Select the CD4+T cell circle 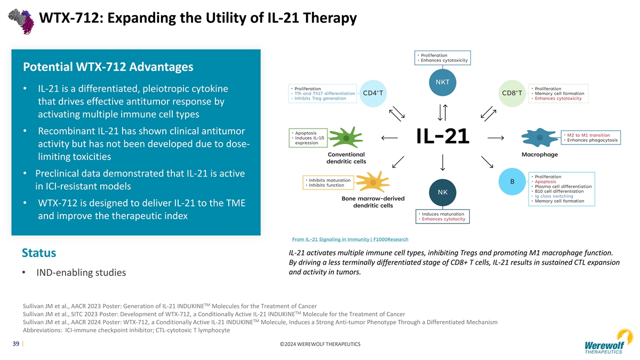tap(373, 93)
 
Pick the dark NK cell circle tap(443, 191)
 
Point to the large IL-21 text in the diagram tap(443, 136)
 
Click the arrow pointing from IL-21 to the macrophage tap(496, 138)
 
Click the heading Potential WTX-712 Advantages tap(108, 68)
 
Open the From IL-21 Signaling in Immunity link tap(350, 239)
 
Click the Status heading tap(39, 252)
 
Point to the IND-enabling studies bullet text tap(81, 273)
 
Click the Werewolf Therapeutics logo tap(607, 342)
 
